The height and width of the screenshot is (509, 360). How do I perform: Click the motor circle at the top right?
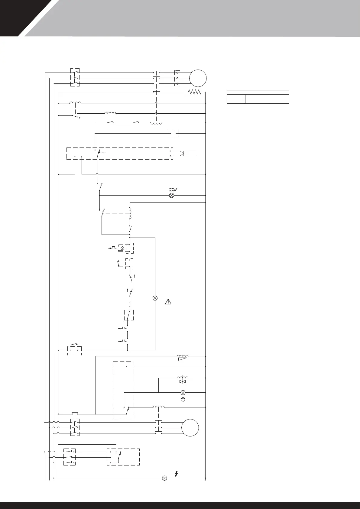pyautogui.click(x=198, y=78)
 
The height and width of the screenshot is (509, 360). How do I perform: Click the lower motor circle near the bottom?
pyautogui.click(x=190, y=428)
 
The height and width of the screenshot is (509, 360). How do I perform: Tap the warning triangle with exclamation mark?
pyautogui.click(x=168, y=301)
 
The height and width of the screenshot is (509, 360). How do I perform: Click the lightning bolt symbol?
pyautogui.click(x=177, y=474)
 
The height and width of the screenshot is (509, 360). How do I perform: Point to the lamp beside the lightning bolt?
pyautogui.click(x=164, y=478)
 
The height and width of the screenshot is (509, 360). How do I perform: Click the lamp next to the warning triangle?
pyautogui.click(x=155, y=298)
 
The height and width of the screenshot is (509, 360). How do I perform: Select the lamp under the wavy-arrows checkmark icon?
pyautogui.click(x=171, y=195)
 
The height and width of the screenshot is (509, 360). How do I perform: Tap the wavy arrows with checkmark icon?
pyautogui.click(x=173, y=190)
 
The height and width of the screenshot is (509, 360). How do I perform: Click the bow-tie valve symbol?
pyautogui.click(x=183, y=382)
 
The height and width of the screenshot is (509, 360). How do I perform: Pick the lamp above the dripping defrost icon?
pyautogui.click(x=183, y=392)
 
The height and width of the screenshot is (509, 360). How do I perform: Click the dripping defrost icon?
pyautogui.click(x=183, y=400)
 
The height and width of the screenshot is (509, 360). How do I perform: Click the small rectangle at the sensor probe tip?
pyautogui.click(x=190, y=153)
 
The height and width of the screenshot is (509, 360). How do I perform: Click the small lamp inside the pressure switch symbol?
pyautogui.click(x=122, y=248)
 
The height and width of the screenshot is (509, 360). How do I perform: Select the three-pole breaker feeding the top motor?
pyautogui.click(x=75, y=78)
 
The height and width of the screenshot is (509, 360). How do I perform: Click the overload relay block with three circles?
pyautogui.click(x=177, y=78)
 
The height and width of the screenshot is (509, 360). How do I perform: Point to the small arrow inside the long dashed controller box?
pyautogui.click(x=104, y=153)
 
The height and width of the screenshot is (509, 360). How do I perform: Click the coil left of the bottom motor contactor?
pyautogui.click(x=158, y=407)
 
